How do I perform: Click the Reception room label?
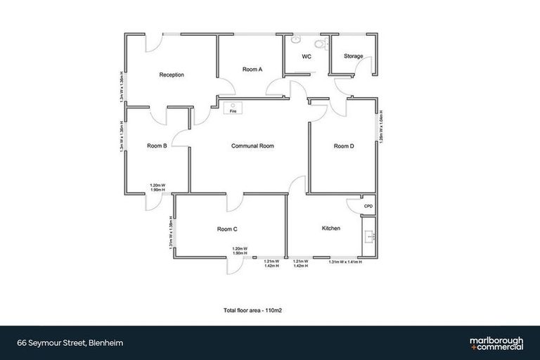point(172,75)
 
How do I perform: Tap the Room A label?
point(252,69)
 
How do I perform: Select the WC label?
point(307,56)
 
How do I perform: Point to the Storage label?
point(353,56)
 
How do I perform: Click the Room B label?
point(157,146)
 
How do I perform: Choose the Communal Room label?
point(252,146)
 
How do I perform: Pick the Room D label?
point(343,146)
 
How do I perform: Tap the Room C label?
point(227,229)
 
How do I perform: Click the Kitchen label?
point(331,229)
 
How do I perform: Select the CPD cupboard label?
point(368,206)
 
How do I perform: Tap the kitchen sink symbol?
point(368,235)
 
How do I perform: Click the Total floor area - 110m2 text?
point(252,309)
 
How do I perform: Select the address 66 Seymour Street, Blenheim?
point(61,343)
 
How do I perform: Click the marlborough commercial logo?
point(496,343)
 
